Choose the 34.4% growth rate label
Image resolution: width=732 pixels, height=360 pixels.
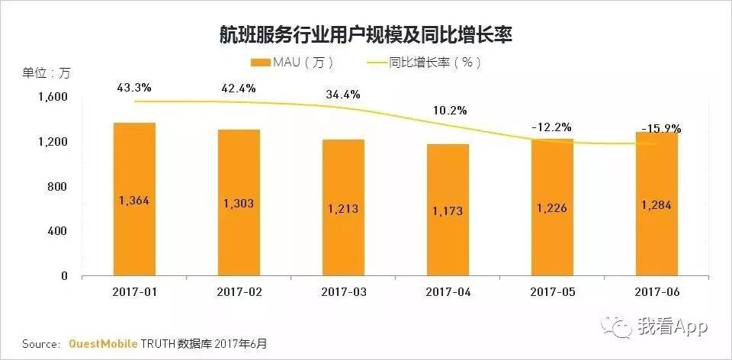[342, 95]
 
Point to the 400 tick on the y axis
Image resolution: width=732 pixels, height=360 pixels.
[59, 231]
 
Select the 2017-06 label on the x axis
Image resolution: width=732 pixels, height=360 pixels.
[656, 291]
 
